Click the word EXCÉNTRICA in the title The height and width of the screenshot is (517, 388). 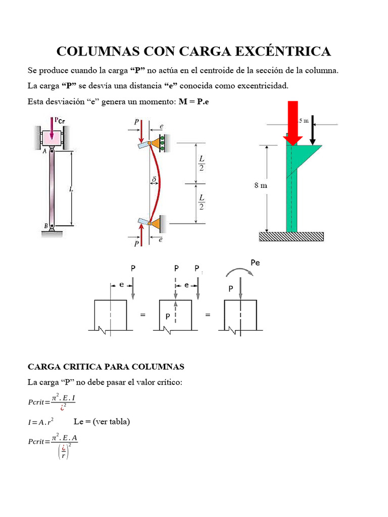[x=285, y=51]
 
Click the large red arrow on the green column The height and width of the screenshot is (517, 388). [x=293, y=123]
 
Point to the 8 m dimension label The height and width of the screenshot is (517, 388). [x=260, y=185]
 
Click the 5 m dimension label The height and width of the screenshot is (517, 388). [x=303, y=120]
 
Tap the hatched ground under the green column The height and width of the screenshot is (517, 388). [x=292, y=236]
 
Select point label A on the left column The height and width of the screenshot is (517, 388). [x=45, y=150]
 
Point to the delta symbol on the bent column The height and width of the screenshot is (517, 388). [x=154, y=179]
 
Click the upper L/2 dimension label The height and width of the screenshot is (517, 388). [x=202, y=163]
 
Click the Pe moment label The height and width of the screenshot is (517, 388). [x=255, y=263]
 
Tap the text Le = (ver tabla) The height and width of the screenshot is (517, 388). [x=102, y=421]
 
